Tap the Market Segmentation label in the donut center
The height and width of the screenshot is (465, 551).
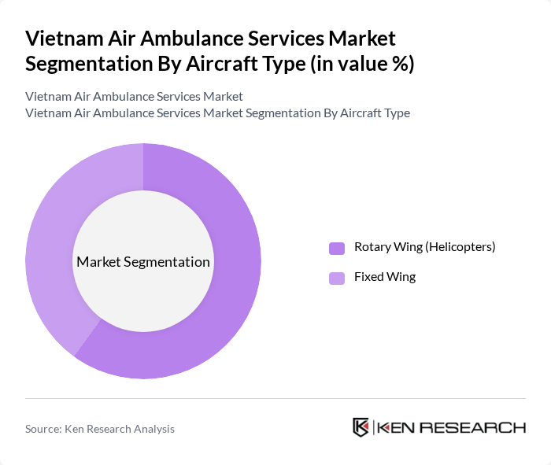pos(142,262)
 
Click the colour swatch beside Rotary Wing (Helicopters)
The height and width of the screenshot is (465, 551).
pos(337,248)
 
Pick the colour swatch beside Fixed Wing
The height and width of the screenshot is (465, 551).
pos(337,278)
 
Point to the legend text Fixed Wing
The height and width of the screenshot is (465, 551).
pos(384,277)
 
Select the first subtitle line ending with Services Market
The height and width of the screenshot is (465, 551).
pos(134,96)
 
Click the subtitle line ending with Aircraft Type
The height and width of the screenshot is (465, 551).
pos(217,113)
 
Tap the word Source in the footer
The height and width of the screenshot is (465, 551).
pos(43,429)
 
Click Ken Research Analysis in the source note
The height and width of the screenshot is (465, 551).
pos(120,429)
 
